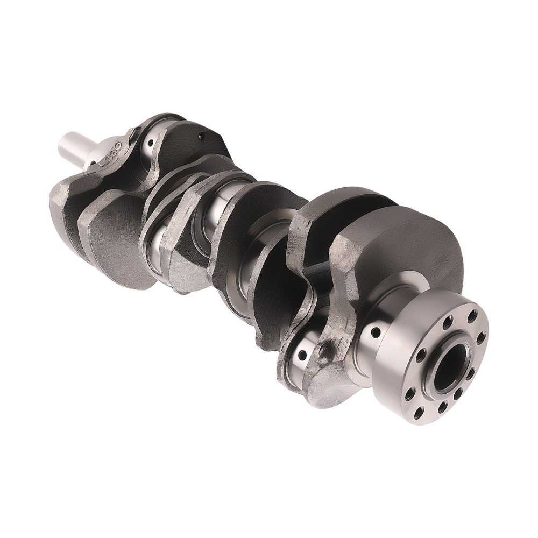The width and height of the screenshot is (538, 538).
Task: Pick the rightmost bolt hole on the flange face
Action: [481, 337]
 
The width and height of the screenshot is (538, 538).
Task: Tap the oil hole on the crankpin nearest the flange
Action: [302, 355]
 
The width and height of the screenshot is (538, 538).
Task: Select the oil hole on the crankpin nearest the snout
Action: [151, 143]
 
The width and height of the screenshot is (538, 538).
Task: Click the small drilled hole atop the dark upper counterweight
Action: [201, 137]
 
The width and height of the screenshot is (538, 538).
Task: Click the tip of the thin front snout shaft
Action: [63, 143]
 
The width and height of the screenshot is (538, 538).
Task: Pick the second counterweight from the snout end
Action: [116, 237]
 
